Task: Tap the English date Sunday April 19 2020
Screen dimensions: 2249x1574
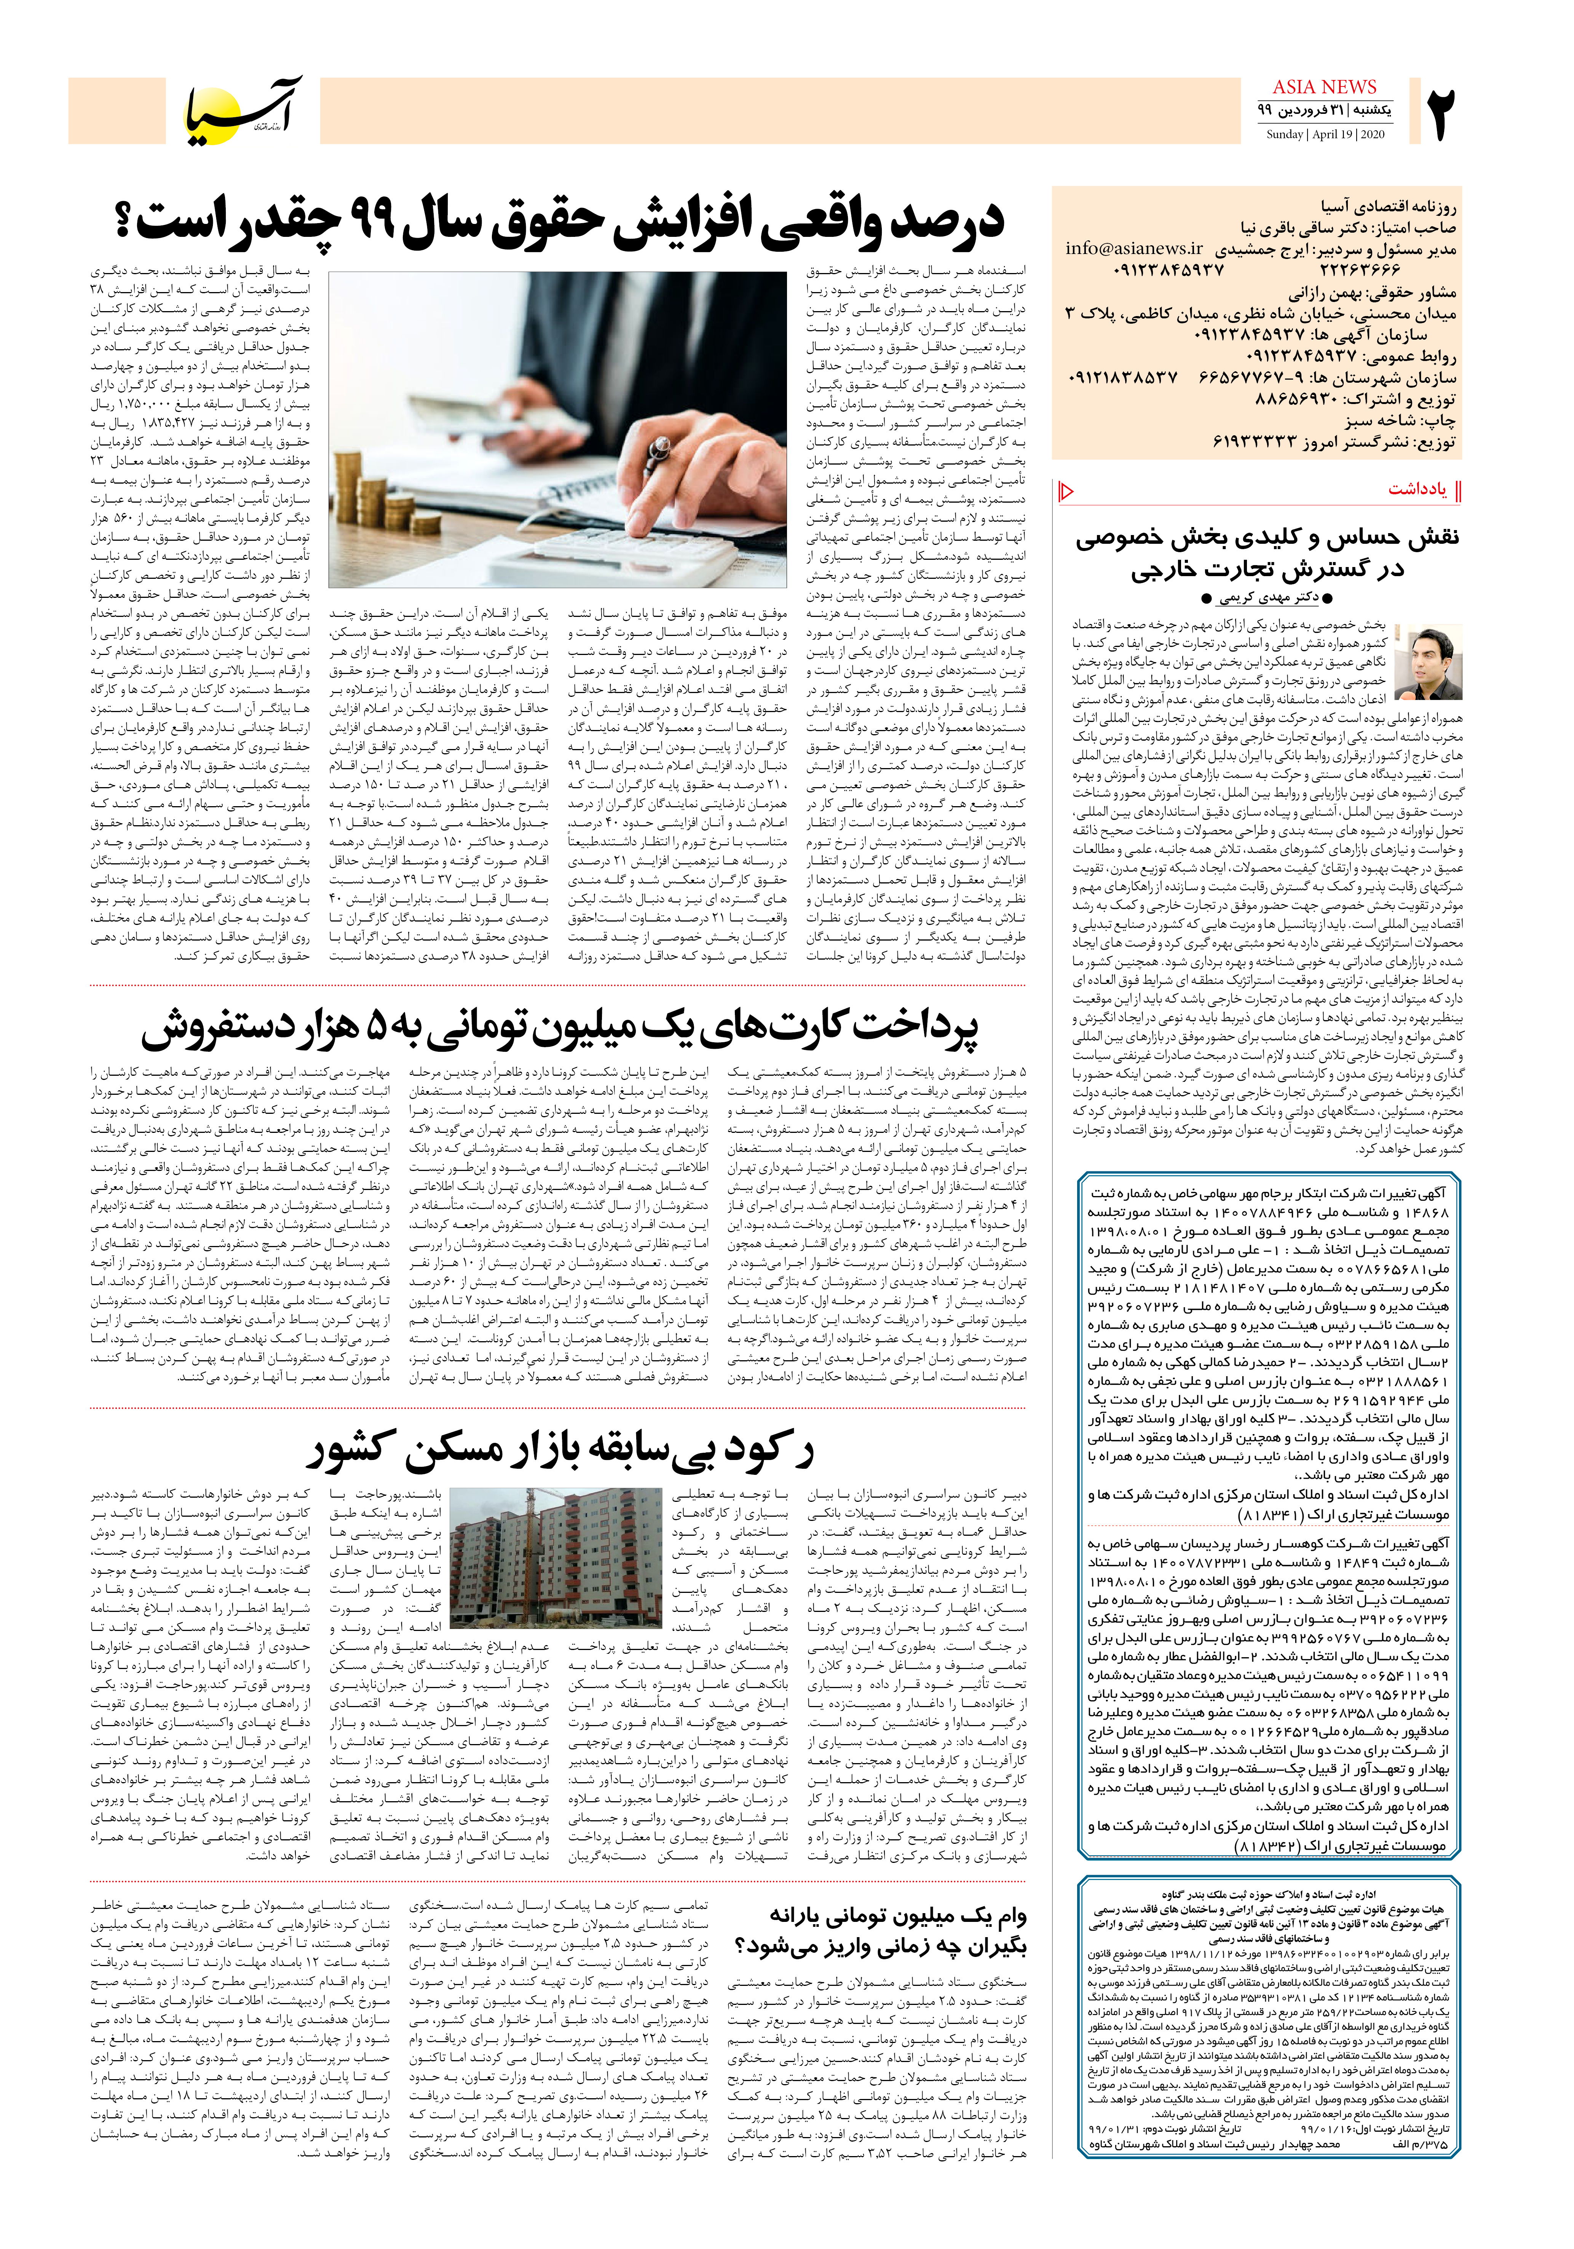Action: (x=1324, y=134)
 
